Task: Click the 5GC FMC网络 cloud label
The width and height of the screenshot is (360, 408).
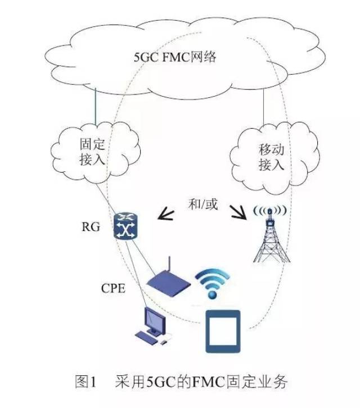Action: [175, 57]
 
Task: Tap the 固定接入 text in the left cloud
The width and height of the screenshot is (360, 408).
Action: [92, 152]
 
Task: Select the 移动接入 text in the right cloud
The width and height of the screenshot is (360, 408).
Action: [271, 157]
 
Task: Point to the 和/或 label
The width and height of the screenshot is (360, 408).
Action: [203, 204]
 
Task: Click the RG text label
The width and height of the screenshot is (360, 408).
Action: [91, 227]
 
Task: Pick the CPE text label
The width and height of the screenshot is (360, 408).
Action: [113, 288]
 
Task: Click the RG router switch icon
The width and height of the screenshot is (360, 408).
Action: [125, 226]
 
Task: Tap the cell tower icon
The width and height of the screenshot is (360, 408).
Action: [271, 234]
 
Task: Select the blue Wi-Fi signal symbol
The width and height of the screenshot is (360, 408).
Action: [212, 283]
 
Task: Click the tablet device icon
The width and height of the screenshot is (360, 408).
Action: [223, 331]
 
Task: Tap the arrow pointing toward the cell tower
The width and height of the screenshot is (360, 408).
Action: [238, 212]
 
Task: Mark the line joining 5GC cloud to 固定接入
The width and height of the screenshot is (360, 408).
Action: [95, 106]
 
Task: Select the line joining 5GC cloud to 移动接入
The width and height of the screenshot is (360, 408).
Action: [263, 107]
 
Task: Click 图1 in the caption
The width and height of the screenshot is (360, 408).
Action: [85, 382]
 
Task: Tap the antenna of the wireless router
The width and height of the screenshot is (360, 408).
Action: [169, 265]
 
